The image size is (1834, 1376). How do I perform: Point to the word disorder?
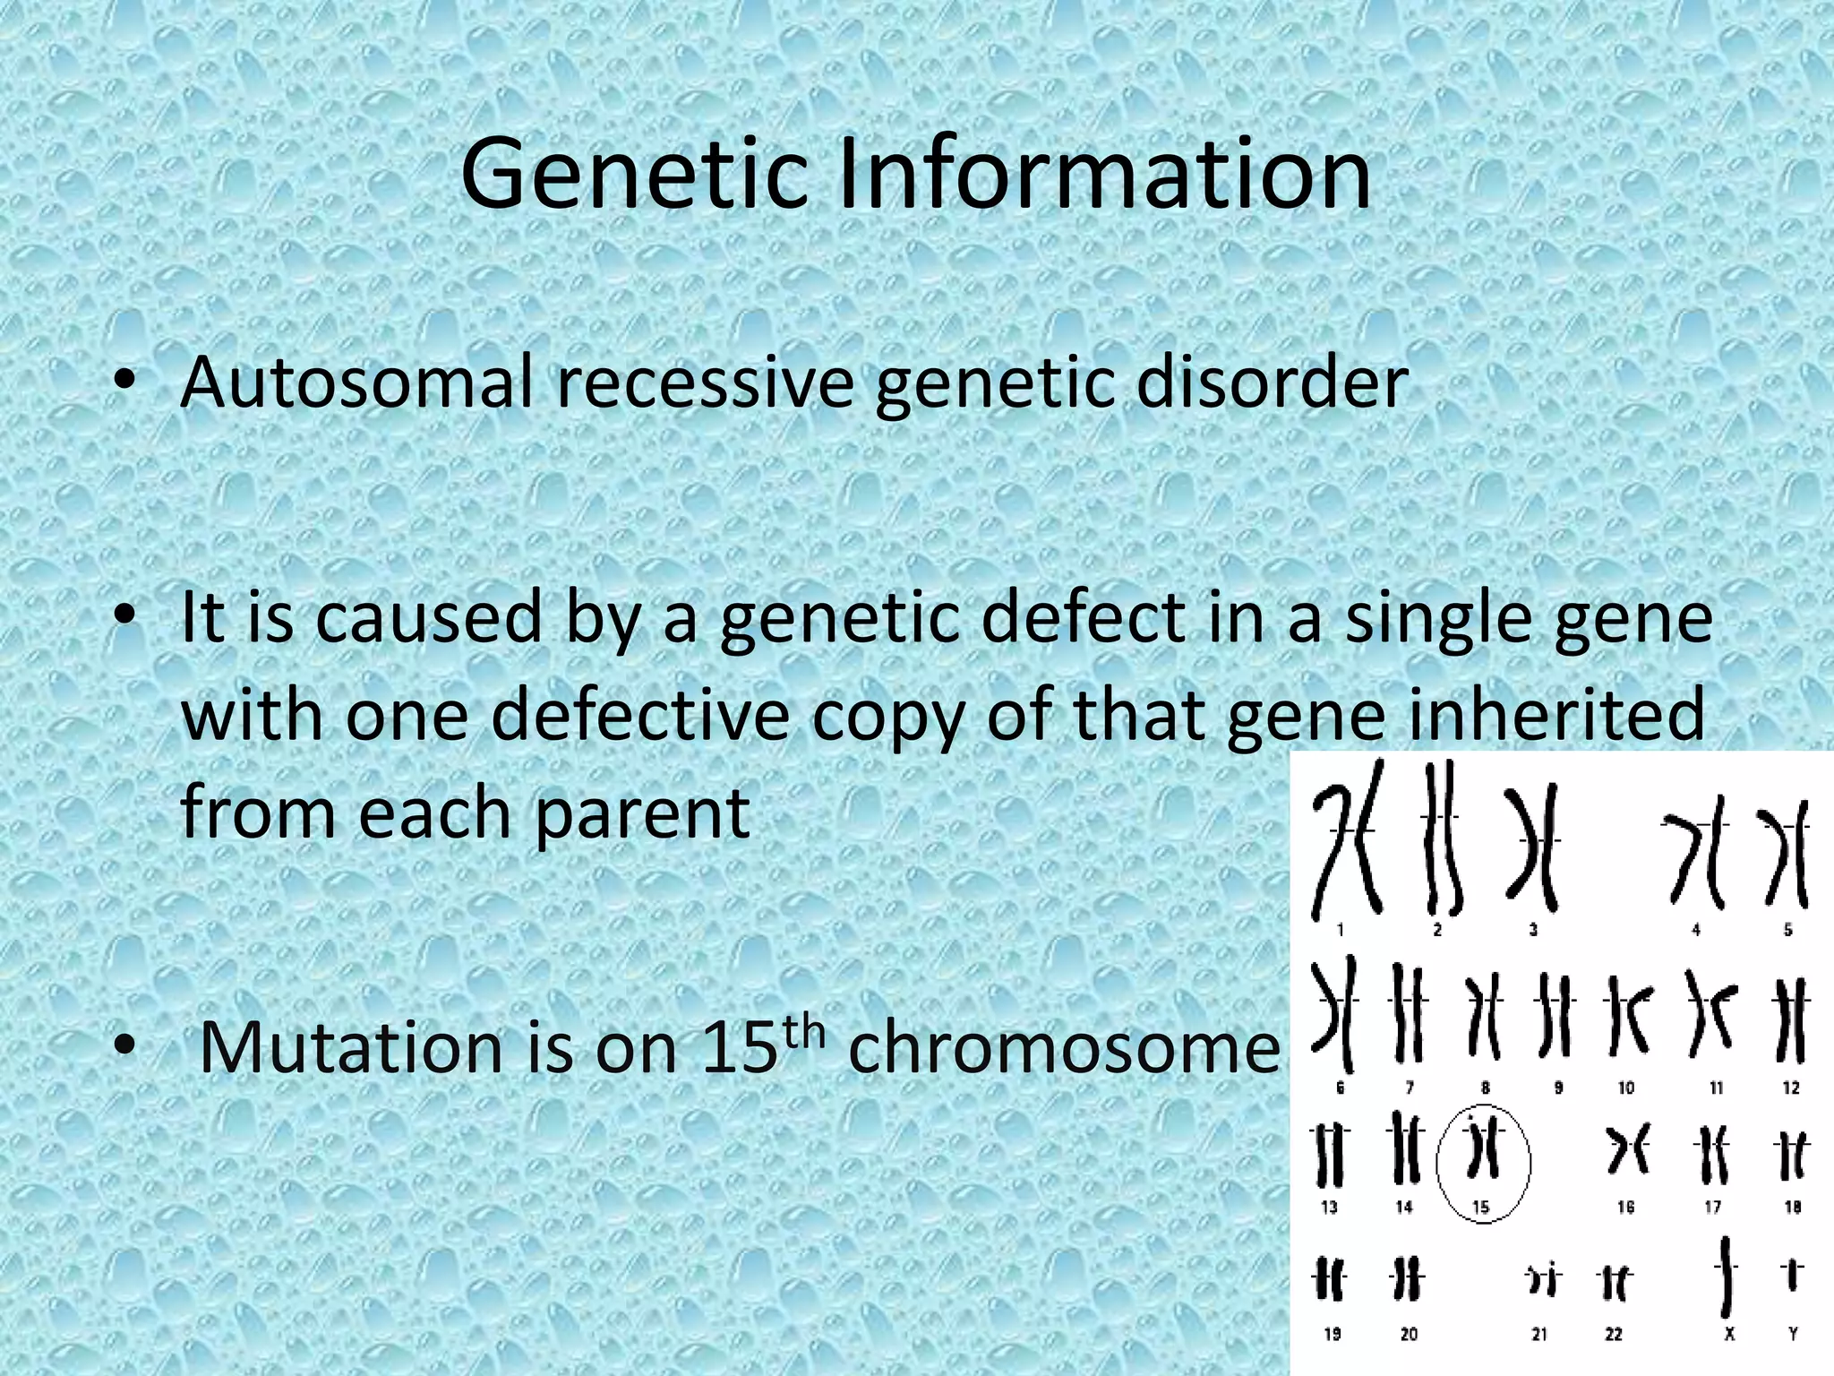tap(1273, 383)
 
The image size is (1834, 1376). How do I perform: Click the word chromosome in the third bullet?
tap(1064, 1048)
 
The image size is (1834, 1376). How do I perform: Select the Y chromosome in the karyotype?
tap(1793, 1273)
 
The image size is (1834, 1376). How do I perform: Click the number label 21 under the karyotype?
tap(1539, 1335)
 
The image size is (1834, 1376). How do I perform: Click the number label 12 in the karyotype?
tap(1791, 1088)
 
